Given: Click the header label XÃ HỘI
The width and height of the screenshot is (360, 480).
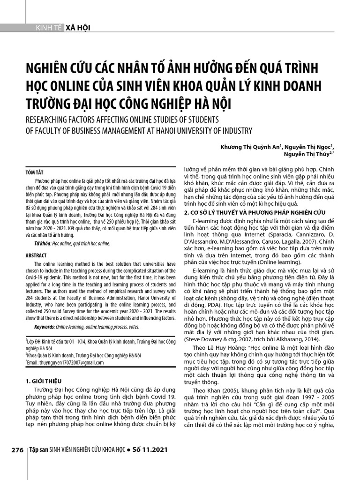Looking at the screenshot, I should (x=78, y=28).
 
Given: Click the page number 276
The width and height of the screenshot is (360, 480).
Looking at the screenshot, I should (x=17, y=450).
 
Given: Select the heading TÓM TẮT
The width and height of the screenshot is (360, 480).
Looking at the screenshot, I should (x=34, y=172).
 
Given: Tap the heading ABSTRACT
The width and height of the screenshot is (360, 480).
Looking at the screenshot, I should (x=36, y=255).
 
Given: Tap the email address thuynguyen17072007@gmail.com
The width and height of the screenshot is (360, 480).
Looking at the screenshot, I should (x=67, y=363).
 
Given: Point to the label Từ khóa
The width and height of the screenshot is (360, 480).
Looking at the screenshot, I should (x=42, y=244).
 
